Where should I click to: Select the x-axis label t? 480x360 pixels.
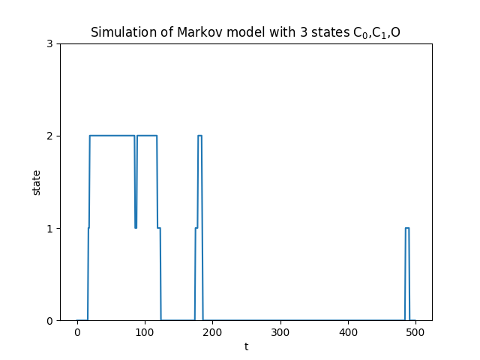coord(246,346)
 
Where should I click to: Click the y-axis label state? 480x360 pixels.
coord(37,182)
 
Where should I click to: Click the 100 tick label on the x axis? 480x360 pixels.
coord(145,333)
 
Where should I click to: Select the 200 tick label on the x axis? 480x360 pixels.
coord(212,333)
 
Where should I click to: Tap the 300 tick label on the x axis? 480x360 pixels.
coord(280,333)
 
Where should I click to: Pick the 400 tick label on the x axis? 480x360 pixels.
coord(348,333)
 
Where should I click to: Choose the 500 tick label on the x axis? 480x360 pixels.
coord(415,333)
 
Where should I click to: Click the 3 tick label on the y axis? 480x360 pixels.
coord(49,43)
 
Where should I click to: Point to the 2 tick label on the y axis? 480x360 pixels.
coord(49,136)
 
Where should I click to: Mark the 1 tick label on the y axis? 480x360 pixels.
coord(49,228)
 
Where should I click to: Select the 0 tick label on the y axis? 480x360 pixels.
coord(49,320)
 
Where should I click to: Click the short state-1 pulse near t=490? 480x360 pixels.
coord(407,228)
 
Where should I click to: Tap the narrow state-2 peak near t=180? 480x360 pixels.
coord(199,136)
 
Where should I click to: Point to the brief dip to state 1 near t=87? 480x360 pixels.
coord(136,225)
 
